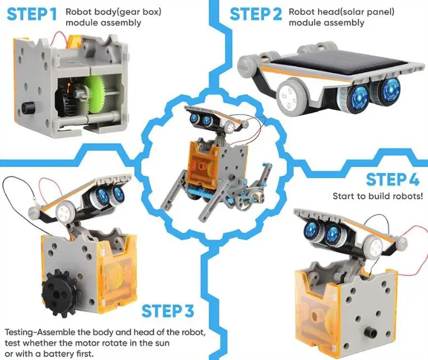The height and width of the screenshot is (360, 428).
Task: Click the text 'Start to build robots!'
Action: coord(377,196)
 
